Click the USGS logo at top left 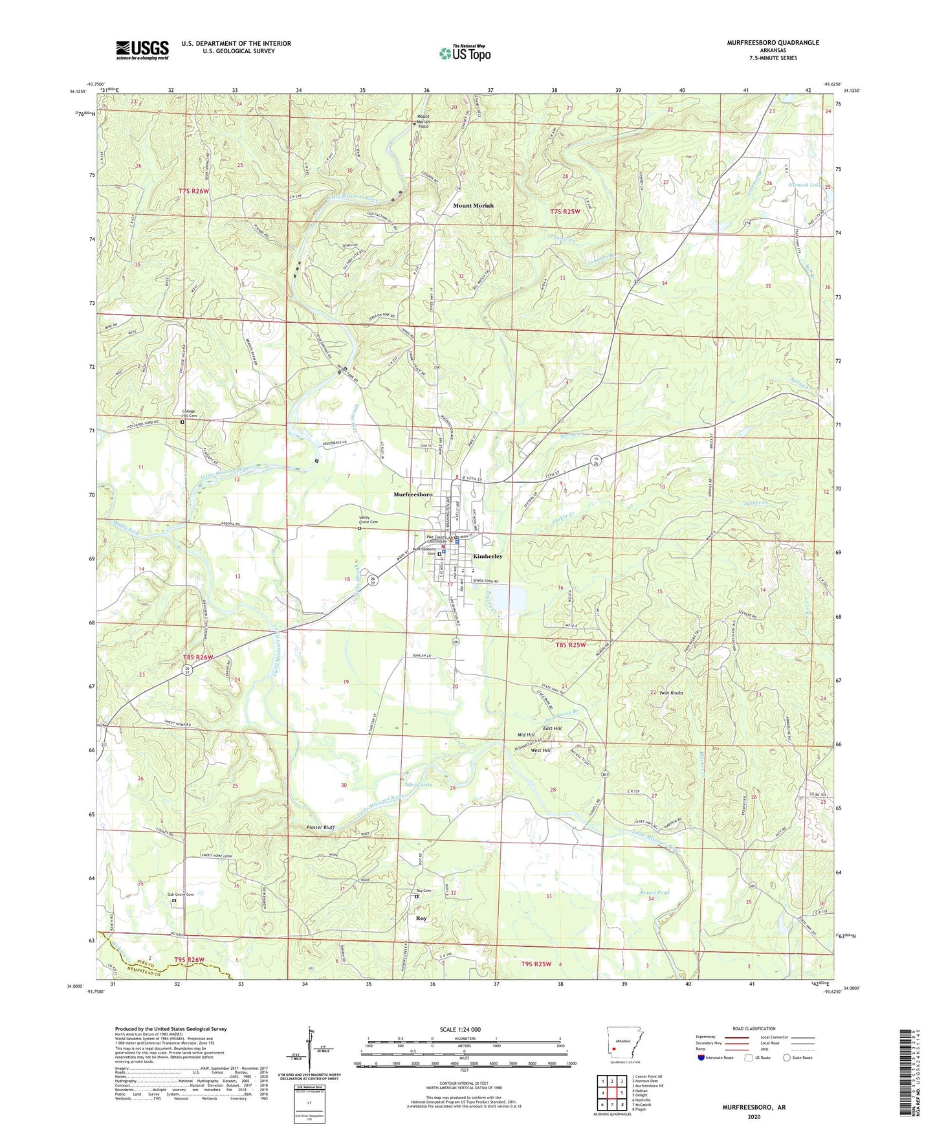[x=142, y=49]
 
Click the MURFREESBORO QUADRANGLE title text [x=764, y=43]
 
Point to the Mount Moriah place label [x=473, y=205]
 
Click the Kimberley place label [x=487, y=556]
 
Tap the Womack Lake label [x=804, y=185]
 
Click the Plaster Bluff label [x=320, y=827]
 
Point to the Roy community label [x=421, y=918]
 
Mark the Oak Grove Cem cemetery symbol [x=173, y=900]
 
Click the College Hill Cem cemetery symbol [x=182, y=422]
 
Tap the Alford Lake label [x=418, y=784]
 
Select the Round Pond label [x=654, y=892]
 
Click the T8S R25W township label [x=570, y=645]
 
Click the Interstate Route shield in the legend [x=702, y=1058]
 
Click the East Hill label [x=552, y=729]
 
